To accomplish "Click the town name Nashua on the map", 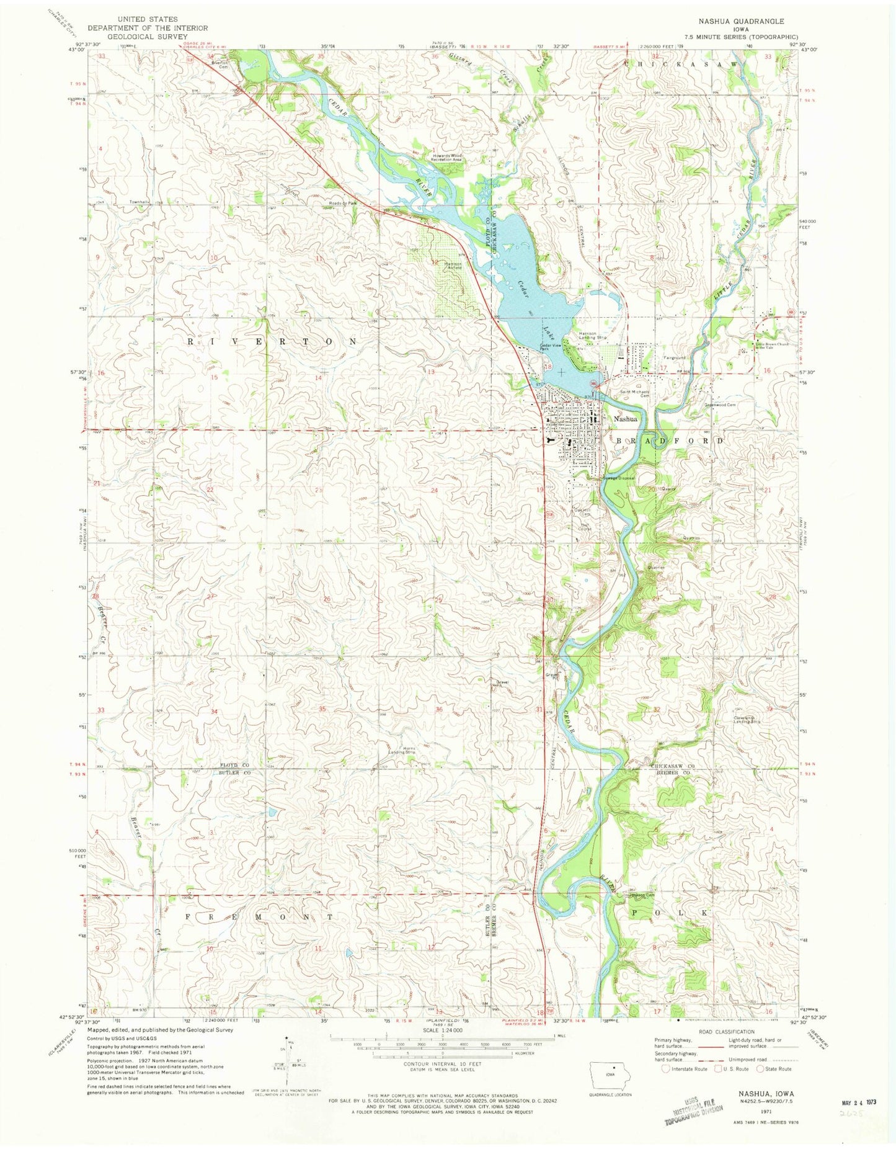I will coord(625,419).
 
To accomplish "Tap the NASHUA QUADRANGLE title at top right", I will coord(740,21).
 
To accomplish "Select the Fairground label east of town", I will coord(674,358).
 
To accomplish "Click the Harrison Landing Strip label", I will coord(588,336).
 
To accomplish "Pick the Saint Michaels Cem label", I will coord(635,394).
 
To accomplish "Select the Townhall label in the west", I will coord(139,202).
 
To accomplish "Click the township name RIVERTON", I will coord(272,342).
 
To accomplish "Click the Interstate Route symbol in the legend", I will coord(665,1069).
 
